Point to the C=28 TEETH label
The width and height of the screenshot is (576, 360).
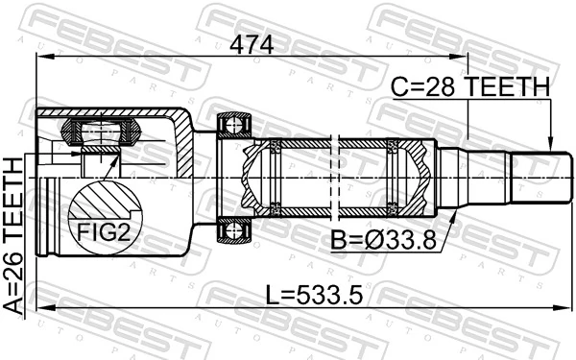pos(470,87)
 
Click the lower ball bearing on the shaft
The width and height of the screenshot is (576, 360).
pos(234,229)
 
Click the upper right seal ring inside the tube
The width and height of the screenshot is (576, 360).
pos(392,146)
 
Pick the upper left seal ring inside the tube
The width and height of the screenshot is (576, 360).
pos(276,146)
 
